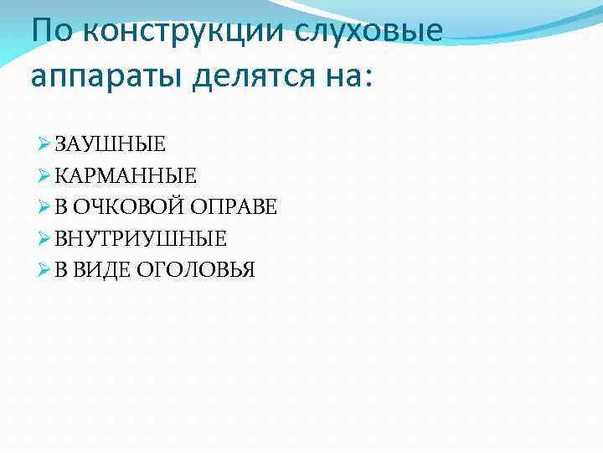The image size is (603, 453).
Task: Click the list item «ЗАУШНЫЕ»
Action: pos(111,143)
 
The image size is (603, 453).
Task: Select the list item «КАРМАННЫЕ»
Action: pos(126,175)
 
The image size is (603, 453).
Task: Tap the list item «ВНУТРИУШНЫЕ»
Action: pos(141,239)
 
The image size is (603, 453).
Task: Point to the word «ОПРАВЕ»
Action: pos(234,207)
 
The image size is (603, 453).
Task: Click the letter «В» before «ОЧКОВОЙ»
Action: pos(62,207)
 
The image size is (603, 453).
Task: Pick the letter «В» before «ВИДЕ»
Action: pos(62,270)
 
